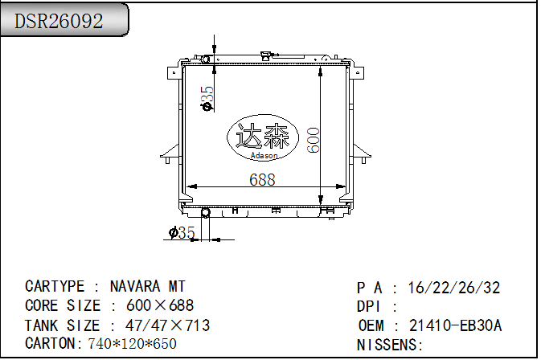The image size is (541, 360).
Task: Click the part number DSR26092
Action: tap(59, 21)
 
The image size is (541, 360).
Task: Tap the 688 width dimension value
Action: tap(261, 180)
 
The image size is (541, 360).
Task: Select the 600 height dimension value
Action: tap(314, 139)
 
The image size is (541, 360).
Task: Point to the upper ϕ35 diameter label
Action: tap(207, 98)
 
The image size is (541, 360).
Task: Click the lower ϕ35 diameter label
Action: tap(182, 233)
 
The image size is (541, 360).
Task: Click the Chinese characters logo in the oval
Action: tap(262, 136)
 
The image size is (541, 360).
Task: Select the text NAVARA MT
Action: tap(147, 286)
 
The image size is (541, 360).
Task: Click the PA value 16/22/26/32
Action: tap(454, 288)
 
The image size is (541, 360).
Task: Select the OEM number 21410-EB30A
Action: tap(455, 325)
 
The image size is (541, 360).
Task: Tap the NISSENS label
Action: tap(389, 345)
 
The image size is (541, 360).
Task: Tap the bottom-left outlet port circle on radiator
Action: tap(205, 212)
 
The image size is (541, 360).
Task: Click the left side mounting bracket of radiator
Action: tap(168, 153)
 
